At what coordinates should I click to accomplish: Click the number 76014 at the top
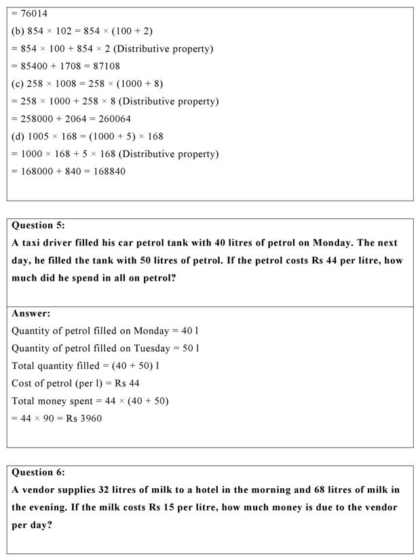[x=34, y=14]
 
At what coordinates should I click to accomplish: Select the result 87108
[x=106, y=66]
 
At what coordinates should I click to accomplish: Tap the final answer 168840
[x=109, y=172]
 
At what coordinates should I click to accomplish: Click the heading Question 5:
[x=39, y=226]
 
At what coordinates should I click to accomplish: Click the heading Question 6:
[x=39, y=473]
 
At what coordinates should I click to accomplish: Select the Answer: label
[x=31, y=314]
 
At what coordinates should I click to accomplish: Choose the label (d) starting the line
[x=18, y=136]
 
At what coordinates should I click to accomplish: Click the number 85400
[x=34, y=66]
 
